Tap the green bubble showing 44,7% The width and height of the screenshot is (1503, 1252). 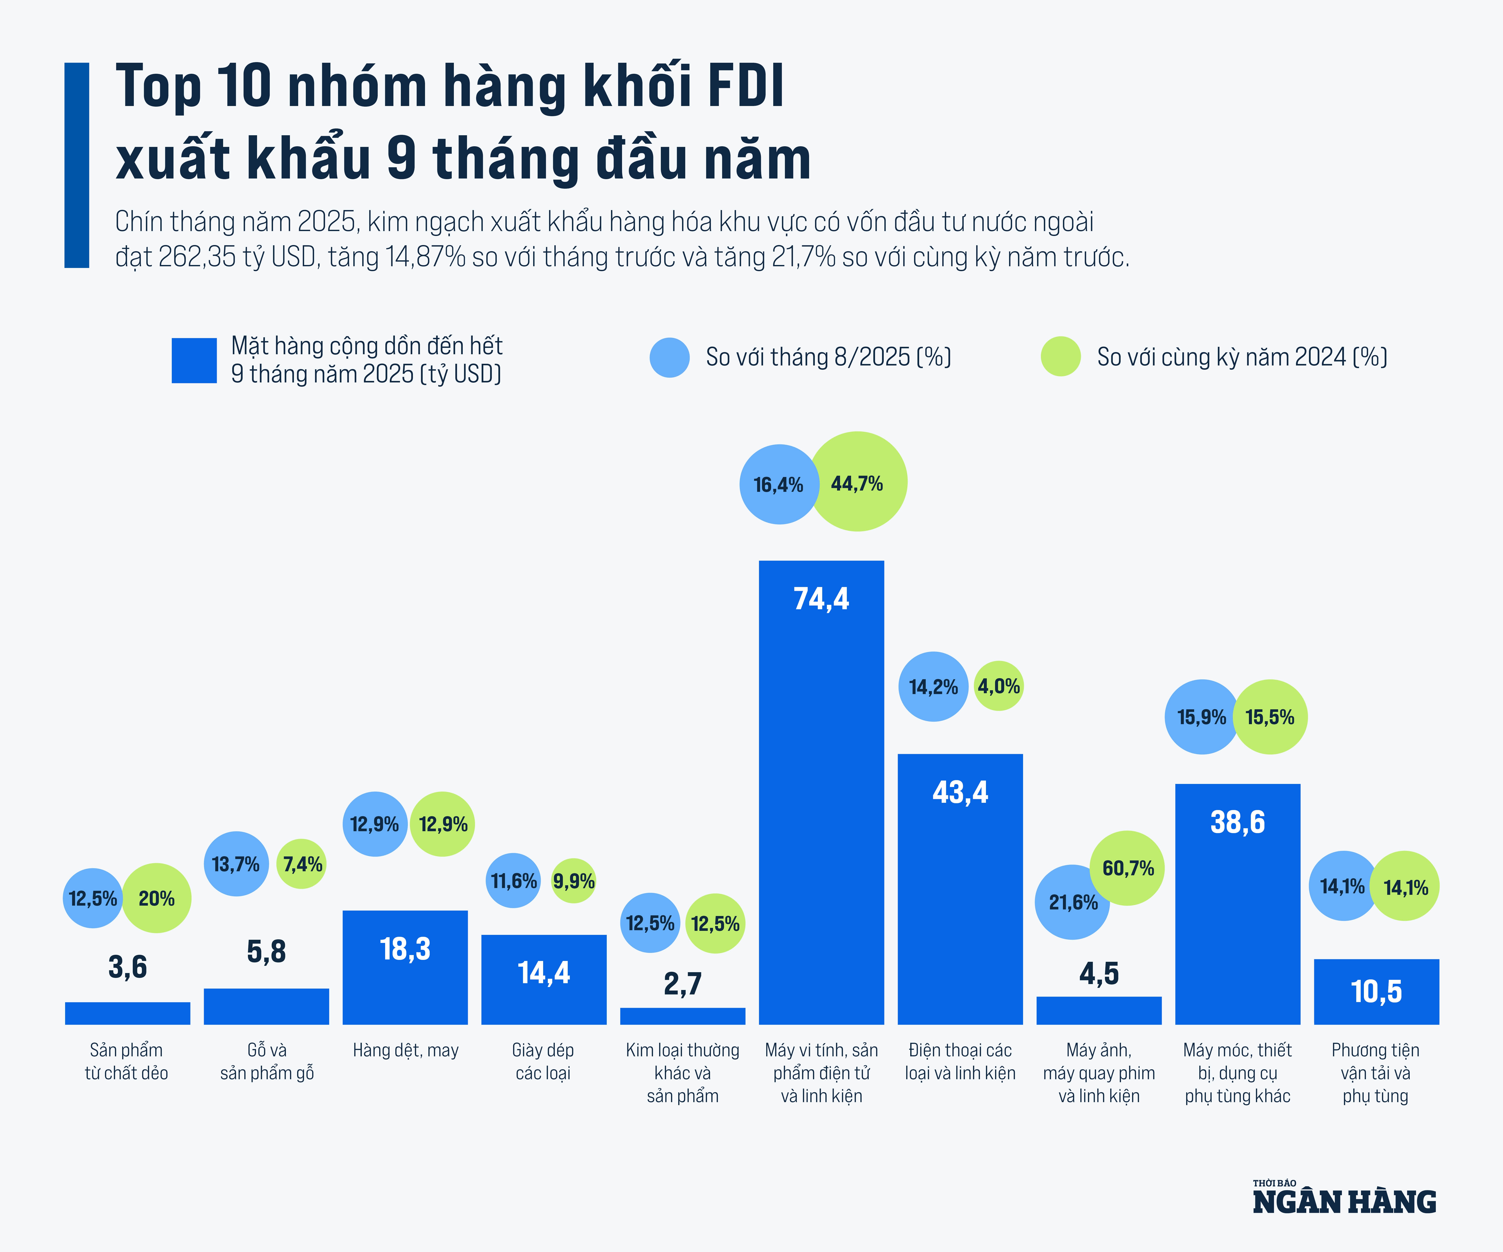tap(857, 481)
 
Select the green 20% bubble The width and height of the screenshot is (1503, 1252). tap(157, 898)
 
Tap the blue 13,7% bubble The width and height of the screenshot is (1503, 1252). tap(236, 863)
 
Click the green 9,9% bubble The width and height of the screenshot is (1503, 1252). tap(573, 881)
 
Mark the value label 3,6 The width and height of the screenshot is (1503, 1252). tap(127, 966)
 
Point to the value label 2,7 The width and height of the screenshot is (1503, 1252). tap(682, 984)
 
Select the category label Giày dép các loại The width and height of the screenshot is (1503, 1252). tap(543, 1061)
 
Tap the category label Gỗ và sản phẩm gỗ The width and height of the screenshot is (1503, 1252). tap(267, 1061)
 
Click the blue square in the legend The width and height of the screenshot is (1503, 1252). tap(194, 361)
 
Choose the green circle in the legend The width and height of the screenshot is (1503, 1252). tap(1060, 356)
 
